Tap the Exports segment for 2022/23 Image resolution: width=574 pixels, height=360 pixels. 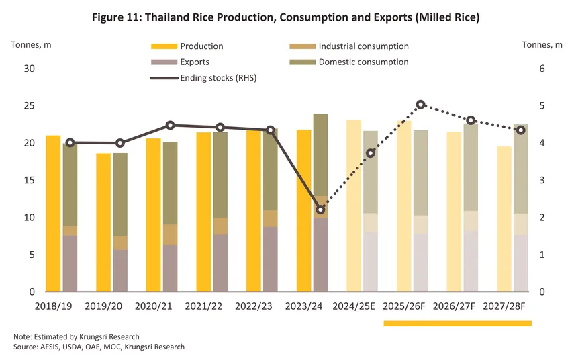(x=270, y=259)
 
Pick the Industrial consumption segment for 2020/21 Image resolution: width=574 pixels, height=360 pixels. (x=170, y=234)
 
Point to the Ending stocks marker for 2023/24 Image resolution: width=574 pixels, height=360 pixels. (x=320, y=210)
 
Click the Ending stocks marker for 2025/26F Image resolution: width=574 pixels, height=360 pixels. (x=421, y=105)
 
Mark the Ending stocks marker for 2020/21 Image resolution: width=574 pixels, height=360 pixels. (x=170, y=126)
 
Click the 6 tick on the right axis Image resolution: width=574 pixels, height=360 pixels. (x=542, y=69)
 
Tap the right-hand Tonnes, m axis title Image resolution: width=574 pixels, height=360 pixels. (x=542, y=45)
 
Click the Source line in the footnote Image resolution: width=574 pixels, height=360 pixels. (x=99, y=347)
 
